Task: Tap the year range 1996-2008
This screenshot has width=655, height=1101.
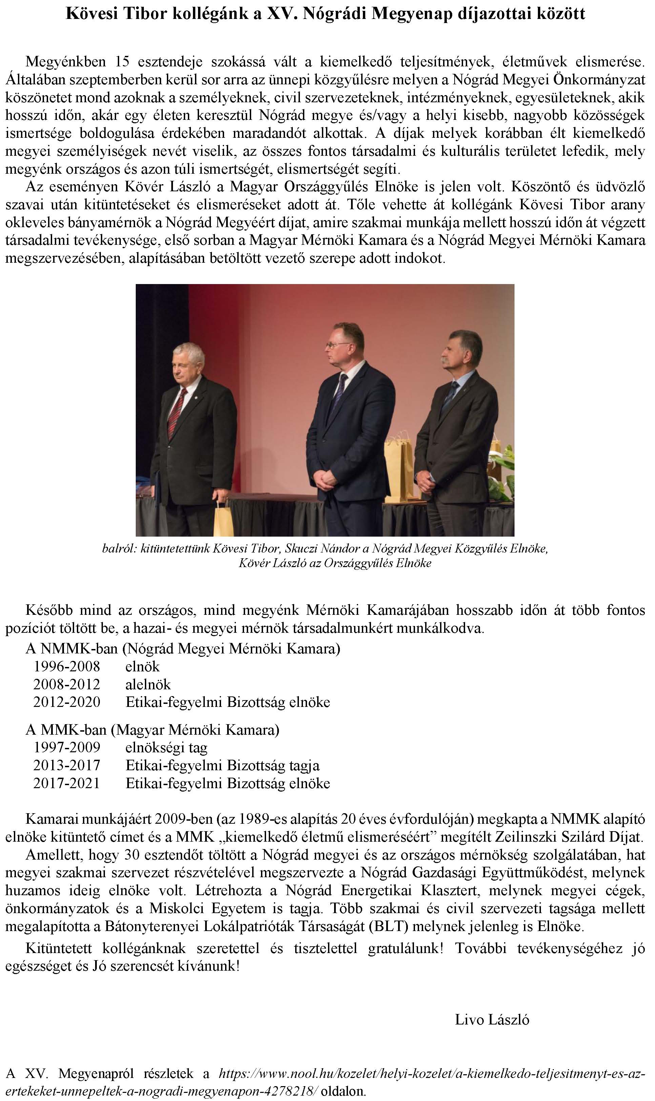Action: [67, 666]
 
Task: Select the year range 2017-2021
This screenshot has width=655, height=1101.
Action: [67, 783]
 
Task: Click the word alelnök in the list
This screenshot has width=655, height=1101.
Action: [148, 684]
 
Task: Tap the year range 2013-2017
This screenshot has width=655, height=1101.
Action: [67, 765]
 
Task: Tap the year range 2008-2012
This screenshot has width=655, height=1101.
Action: [67, 684]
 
